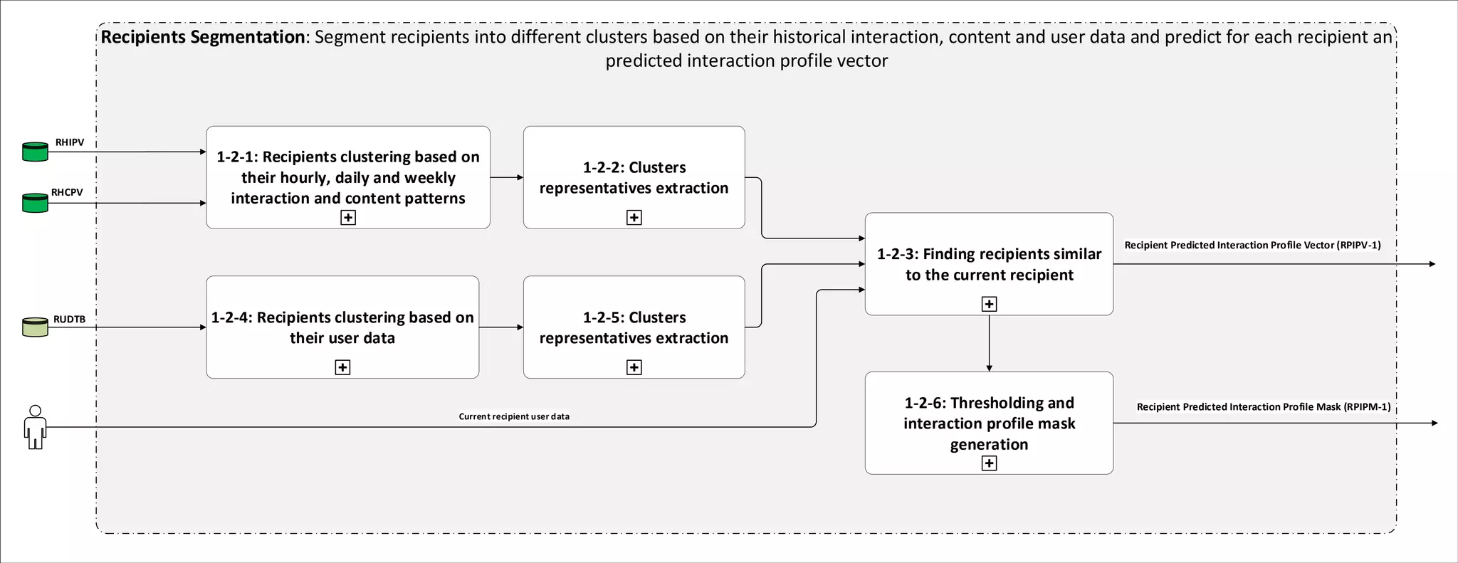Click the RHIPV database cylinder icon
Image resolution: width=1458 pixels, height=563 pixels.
click(x=35, y=152)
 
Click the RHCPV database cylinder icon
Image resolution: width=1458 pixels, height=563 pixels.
click(x=35, y=203)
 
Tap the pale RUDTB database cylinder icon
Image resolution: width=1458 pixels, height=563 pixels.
click(x=35, y=327)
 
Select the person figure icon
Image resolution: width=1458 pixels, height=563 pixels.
click(x=35, y=427)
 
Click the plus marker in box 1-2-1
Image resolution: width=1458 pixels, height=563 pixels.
click(x=348, y=217)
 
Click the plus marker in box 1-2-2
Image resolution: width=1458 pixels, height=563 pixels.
click(x=634, y=217)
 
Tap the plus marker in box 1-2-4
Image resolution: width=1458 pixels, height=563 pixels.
click(x=342, y=367)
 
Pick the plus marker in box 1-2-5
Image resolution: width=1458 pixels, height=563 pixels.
click(x=634, y=367)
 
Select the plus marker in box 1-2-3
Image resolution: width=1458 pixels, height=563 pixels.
click(x=989, y=304)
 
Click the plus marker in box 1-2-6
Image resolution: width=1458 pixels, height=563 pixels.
click(x=989, y=463)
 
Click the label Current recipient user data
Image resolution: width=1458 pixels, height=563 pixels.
click(x=514, y=416)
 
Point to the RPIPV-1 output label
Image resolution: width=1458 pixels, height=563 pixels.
click(x=1252, y=245)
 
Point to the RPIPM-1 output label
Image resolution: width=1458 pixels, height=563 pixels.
click(x=1263, y=406)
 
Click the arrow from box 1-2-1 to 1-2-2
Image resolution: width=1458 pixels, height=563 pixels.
click(x=506, y=177)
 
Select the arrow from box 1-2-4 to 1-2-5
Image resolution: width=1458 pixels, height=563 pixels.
click(x=500, y=327)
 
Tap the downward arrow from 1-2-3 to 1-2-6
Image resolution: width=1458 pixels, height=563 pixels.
click(x=989, y=343)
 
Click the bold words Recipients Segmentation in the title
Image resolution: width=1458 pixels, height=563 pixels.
click(x=203, y=37)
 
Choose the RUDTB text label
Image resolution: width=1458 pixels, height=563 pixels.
click(x=69, y=319)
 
